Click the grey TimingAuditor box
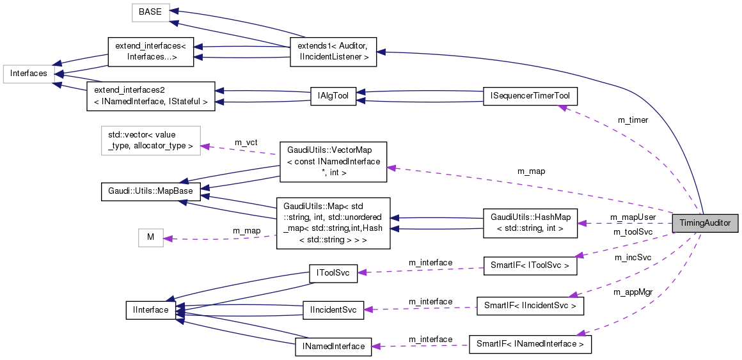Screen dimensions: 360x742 705,223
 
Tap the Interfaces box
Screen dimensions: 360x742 28,74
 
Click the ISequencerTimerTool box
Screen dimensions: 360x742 530,96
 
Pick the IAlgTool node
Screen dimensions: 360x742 333,96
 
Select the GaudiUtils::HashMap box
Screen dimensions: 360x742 530,223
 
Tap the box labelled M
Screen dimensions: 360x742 151,237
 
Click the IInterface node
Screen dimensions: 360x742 151,310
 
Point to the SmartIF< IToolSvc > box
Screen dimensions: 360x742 530,264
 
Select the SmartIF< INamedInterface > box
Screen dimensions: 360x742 530,344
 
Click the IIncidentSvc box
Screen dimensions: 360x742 333,309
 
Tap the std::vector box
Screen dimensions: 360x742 151,141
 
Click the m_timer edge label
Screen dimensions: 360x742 633,120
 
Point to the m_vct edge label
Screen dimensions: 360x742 246,142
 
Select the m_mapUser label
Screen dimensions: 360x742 633,217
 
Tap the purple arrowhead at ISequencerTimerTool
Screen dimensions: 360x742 562,107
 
